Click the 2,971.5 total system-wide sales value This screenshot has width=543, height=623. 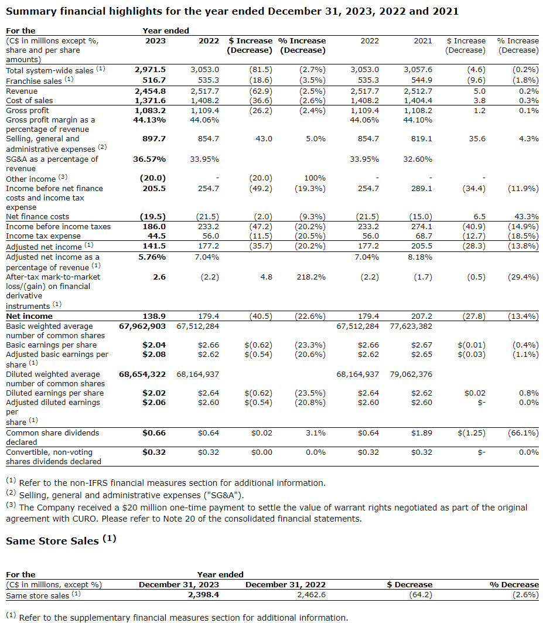pyautogui.click(x=150, y=70)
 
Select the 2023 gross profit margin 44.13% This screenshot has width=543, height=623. pyautogui.click(x=149, y=120)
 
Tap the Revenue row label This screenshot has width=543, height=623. pyautogui.click(x=22, y=91)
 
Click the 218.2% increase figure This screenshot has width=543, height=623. pyautogui.click(x=311, y=277)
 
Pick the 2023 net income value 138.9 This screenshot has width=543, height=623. pyautogui.click(x=155, y=316)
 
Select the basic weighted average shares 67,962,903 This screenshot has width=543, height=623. pyautogui.click(x=142, y=326)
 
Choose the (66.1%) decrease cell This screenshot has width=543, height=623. pyautogui.click(x=523, y=433)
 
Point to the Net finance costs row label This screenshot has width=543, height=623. pyautogui.click(x=37, y=217)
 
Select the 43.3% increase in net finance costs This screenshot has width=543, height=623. pyautogui.click(x=527, y=217)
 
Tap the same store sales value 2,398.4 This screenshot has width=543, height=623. pyautogui.click(x=203, y=595)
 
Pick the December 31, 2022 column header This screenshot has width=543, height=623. pyautogui.click(x=285, y=584)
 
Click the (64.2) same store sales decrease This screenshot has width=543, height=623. pyautogui.click(x=420, y=595)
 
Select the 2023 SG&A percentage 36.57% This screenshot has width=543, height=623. pyautogui.click(x=149, y=159)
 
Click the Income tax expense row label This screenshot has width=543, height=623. pyautogui.click(x=43, y=236)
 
